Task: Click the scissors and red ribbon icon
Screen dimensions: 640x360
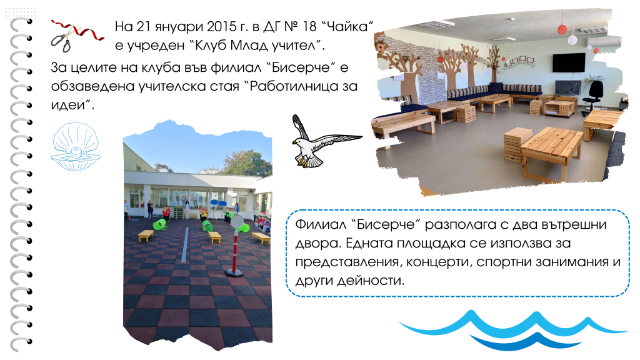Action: coord(76,36)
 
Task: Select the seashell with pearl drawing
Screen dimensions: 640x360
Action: coord(76,146)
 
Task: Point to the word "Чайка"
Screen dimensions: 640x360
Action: coord(347,26)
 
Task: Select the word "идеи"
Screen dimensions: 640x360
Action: coord(71,105)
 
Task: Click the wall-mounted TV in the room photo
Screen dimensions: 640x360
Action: coord(569,62)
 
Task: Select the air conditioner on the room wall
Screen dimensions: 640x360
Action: coord(604,41)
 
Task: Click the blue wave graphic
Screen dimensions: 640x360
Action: coord(512,330)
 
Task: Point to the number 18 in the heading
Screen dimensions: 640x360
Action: coord(309,26)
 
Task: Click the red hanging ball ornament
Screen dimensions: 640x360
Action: coord(562,29)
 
